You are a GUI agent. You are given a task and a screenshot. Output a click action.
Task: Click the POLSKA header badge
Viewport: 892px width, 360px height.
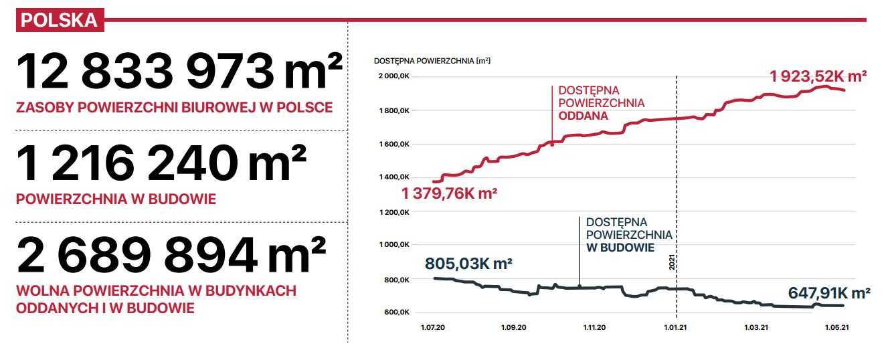[x=60, y=20]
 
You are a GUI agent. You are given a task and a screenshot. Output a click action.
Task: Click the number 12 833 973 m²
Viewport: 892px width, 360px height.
[x=179, y=71]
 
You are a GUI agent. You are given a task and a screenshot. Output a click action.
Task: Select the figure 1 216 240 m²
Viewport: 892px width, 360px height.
[x=161, y=163]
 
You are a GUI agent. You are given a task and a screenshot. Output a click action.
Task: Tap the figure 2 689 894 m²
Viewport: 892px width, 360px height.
[x=171, y=254]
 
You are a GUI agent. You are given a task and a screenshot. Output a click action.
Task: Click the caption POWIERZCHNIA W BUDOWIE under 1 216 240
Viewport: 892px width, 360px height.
[x=116, y=199]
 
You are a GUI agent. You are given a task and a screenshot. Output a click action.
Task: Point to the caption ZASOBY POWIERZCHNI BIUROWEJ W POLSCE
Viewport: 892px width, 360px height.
[x=175, y=108]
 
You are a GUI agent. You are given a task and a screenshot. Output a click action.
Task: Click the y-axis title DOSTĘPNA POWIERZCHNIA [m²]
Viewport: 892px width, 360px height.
[x=432, y=61]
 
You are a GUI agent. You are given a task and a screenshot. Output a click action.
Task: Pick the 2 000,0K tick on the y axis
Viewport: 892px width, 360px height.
[x=394, y=76]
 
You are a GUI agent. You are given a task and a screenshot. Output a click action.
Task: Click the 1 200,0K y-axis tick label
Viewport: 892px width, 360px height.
[x=394, y=213]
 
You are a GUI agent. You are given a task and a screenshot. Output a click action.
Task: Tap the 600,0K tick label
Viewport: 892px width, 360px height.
[x=397, y=312]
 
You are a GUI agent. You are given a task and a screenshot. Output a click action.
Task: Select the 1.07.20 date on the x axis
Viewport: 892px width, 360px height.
[x=433, y=328]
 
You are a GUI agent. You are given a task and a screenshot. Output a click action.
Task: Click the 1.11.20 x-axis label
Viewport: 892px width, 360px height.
[x=594, y=328]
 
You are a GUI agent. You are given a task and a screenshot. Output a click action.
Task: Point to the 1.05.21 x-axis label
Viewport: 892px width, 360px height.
[x=836, y=328]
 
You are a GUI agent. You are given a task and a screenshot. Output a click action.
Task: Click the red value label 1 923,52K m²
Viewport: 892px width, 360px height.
[x=818, y=76]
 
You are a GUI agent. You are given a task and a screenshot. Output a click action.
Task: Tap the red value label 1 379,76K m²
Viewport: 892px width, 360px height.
[x=450, y=193]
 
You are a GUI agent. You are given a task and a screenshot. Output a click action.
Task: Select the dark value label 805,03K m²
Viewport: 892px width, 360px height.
[x=468, y=264]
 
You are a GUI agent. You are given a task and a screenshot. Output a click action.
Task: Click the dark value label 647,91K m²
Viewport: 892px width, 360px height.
[x=830, y=293]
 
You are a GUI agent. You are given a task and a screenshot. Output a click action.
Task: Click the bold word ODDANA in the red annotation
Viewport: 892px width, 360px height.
[x=584, y=116]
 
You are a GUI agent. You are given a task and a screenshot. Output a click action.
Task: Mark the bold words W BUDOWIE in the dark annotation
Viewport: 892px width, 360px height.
[x=620, y=248]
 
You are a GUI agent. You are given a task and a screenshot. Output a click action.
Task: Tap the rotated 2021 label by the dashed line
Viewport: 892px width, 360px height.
[x=672, y=262]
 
